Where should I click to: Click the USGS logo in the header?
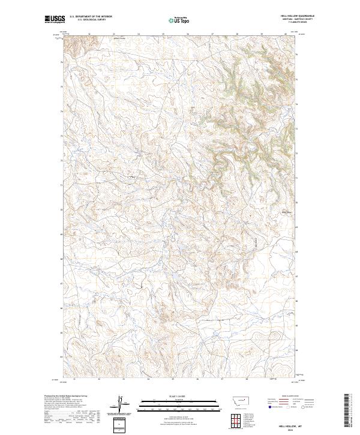pos(55,19)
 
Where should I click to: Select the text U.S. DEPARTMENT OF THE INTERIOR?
pos(91,16)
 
